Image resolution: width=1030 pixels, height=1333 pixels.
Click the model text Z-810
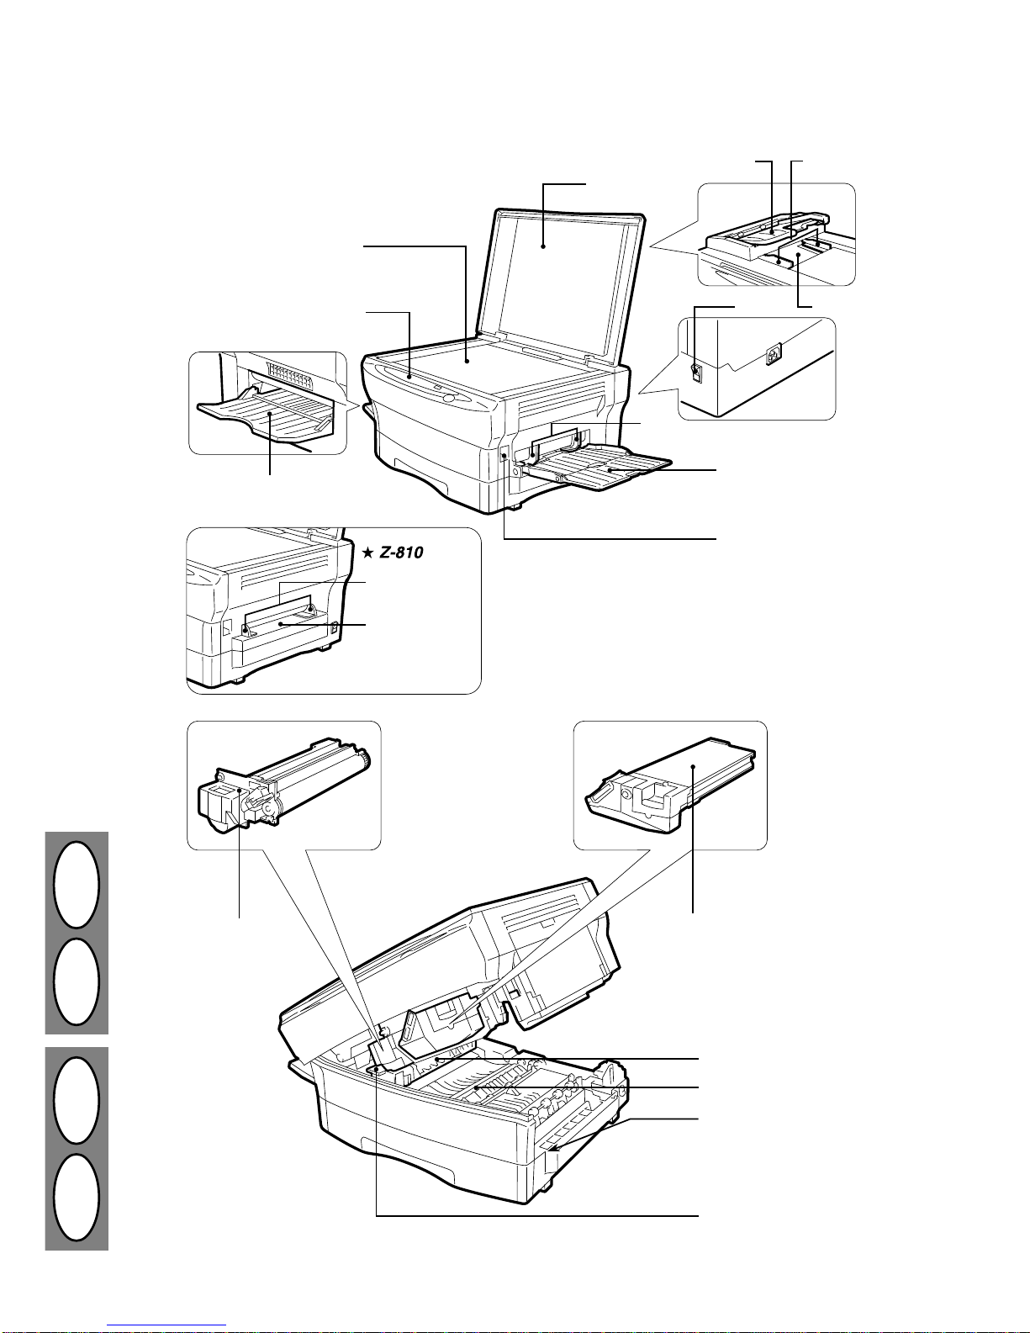point(400,553)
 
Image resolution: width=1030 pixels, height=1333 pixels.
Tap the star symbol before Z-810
point(367,553)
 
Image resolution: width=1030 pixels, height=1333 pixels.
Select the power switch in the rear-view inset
point(695,369)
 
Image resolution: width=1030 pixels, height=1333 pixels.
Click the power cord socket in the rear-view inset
point(774,354)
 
